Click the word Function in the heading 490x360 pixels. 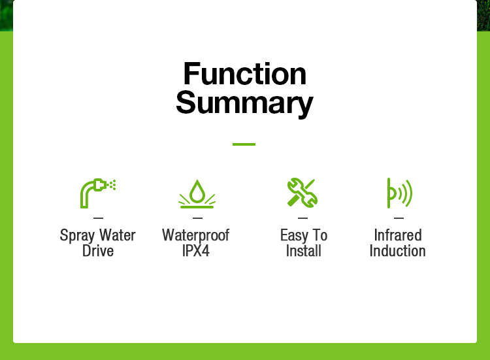[x=245, y=74]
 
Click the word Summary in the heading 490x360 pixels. [x=245, y=103]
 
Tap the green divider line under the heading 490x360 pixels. [x=244, y=144]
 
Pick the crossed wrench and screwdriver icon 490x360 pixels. [x=302, y=193]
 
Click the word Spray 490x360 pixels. [x=77, y=236]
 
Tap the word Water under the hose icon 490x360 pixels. [x=118, y=235]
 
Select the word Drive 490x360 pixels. [x=98, y=251]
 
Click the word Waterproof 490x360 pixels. [x=196, y=236]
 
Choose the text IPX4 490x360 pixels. [x=196, y=251]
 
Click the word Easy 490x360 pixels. [x=294, y=236]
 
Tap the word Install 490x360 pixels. [x=303, y=251]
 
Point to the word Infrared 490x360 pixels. [x=398, y=235]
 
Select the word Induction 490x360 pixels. [x=397, y=251]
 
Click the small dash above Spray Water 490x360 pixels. [x=98, y=218]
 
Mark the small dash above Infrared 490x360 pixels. [x=399, y=218]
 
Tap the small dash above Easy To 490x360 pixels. [x=302, y=218]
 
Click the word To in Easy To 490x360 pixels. [x=320, y=235]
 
